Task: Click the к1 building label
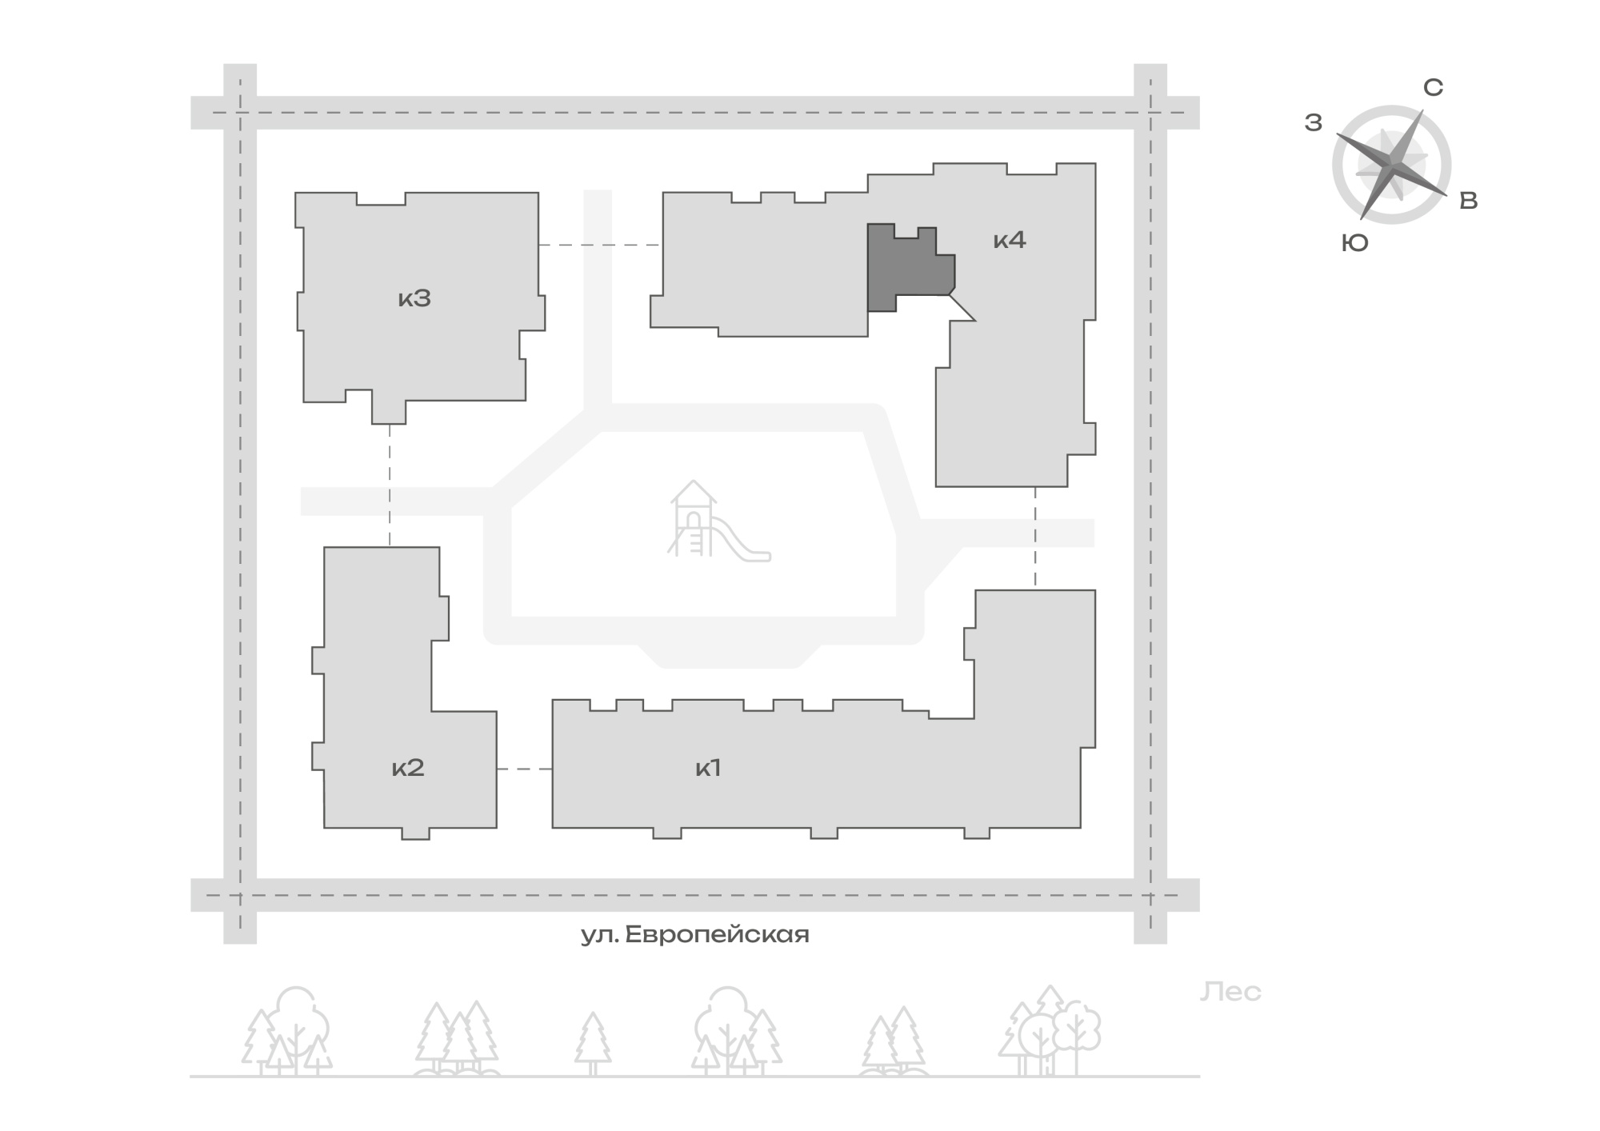[709, 768]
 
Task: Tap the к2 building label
[408, 768]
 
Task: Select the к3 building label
[414, 298]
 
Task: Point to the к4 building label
[1010, 239]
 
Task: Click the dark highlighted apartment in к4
[908, 268]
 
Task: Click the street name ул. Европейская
[695, 934]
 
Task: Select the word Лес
[1230, 992]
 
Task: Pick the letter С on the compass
[1433, 88]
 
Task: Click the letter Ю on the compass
[1355, 243]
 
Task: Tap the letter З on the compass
[1314, 122]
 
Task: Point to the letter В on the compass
[1469, 201]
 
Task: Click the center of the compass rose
[1392, 165]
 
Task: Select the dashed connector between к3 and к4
[600, 245]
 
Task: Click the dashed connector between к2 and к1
[525, 769]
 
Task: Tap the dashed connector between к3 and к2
[390, 486]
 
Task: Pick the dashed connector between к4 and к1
[1035, 538]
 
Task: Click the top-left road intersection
[240, 113]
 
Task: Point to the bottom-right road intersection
[1150, 895]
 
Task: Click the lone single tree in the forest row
[593, 1044]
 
